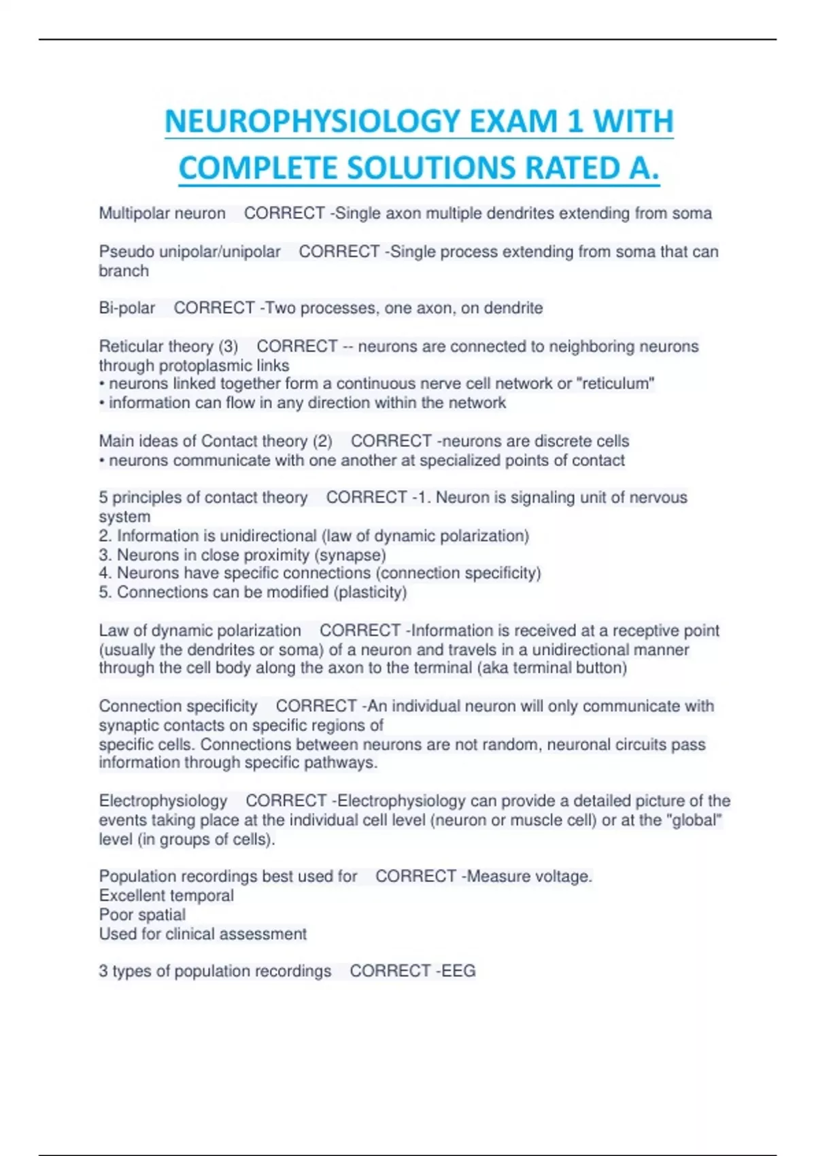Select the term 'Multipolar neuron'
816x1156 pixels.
tap(162, 214)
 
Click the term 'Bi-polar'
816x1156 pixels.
tap(127, 308)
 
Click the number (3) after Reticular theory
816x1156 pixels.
tap(228, 346)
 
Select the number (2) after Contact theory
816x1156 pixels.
tap(322, 441)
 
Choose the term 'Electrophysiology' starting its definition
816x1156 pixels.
tap(163, 801)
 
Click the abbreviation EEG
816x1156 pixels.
tap(458, 971)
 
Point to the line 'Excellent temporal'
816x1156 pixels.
tap(166, 896)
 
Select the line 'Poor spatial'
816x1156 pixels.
tap(142, 915)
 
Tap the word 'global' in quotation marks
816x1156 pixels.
tap(697, 820)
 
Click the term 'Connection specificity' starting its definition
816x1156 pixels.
tap(178, 707)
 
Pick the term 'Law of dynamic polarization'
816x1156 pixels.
tap(200, 631)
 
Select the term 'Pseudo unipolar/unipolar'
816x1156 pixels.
tap(190, 252)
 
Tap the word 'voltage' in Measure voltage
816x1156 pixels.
tap(563, 877)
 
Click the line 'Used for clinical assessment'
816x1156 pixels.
tap(203, 934)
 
